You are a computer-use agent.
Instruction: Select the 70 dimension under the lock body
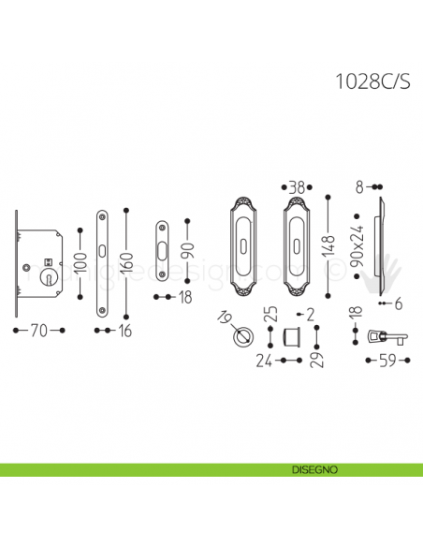(37, 331)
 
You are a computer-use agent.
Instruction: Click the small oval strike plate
(162, 251)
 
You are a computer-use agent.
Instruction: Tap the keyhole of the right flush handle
(299, 254)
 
